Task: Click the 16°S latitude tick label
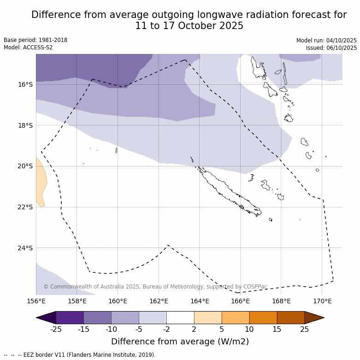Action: [25, 84]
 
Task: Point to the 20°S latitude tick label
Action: [25, 166]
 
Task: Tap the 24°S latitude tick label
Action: [25, 248]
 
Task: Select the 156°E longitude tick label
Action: [36, 301]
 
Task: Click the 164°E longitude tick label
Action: [200, 301]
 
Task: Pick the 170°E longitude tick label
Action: [322, 301]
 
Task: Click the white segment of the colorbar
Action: [180, 318]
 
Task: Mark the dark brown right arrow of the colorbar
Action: [314, 318]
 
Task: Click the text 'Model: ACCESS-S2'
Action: [28, 47]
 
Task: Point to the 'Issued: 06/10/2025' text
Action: [331, 48]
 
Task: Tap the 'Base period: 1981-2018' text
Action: [35, 40]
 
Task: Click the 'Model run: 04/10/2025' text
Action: [326, 41]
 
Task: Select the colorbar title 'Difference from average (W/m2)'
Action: [180, 342]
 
